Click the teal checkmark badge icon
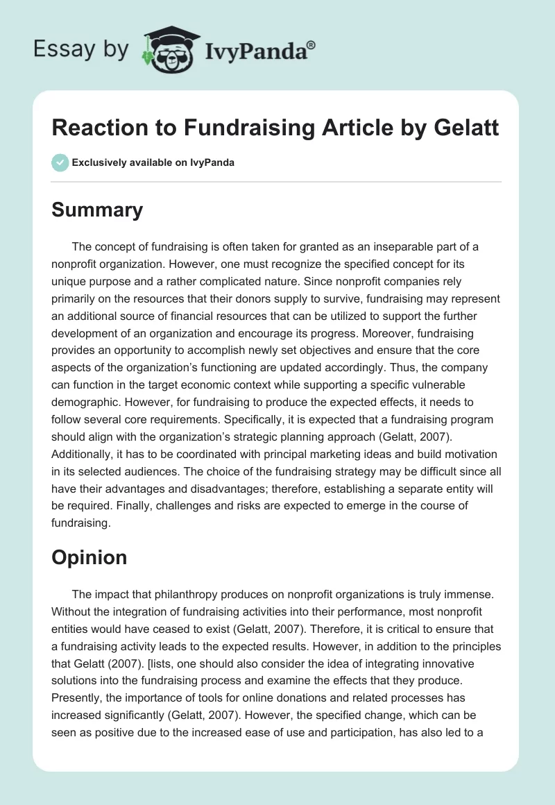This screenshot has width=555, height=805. tap(60, 162)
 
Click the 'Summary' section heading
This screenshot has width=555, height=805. tap(97, 210)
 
